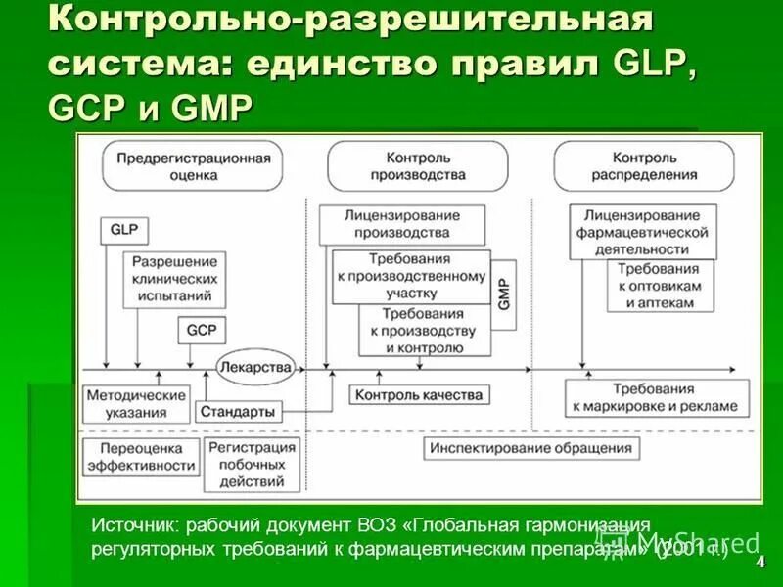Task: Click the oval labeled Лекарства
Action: tap(256, 367)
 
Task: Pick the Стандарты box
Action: tap(238, 412)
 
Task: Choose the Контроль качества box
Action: tap(420, 395)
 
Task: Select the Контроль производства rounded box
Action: tap(418, 165)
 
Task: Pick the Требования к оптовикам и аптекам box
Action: tap(656, 286)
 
